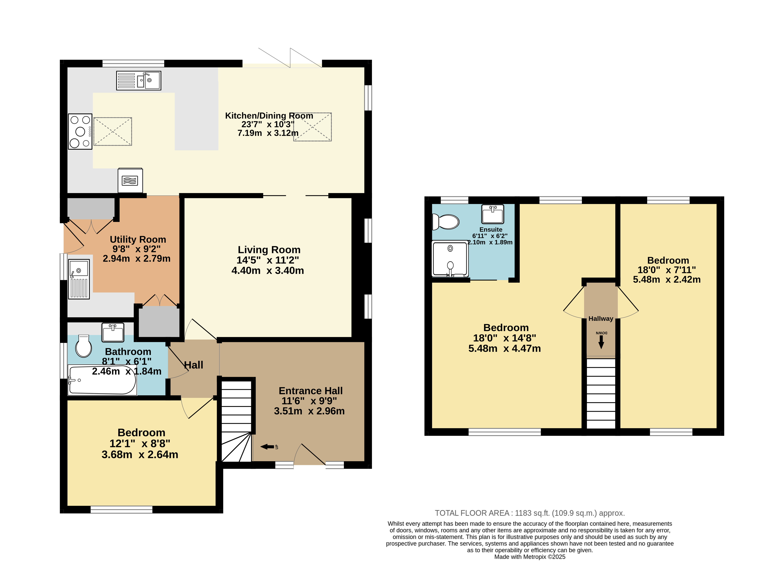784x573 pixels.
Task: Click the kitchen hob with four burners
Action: coord(80,132)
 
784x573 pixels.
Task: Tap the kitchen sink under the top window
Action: coord(138,80)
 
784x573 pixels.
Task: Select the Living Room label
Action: coord(269,250)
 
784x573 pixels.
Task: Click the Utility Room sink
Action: coord(79,279)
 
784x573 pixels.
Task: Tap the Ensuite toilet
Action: coord(445,222)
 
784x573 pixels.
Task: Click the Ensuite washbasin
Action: coord(492,214)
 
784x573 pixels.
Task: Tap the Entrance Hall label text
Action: coord(311,391)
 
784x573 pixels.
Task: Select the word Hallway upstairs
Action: coord(601,318)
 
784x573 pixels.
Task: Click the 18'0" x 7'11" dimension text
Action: coord(667,270)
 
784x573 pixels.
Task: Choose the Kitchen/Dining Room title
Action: coord(269,115)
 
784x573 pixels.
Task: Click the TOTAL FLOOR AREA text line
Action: coord(530,513)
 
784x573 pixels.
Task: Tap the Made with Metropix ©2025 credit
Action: coord(530,557)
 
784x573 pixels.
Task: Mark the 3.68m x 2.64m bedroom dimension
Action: coord(140,454)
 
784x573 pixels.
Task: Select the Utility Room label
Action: coord(138,239)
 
